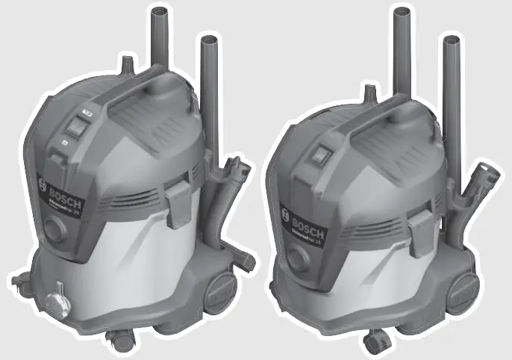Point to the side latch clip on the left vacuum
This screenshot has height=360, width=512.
pos(175,200)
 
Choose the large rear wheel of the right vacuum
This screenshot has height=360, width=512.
pos(463,291)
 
